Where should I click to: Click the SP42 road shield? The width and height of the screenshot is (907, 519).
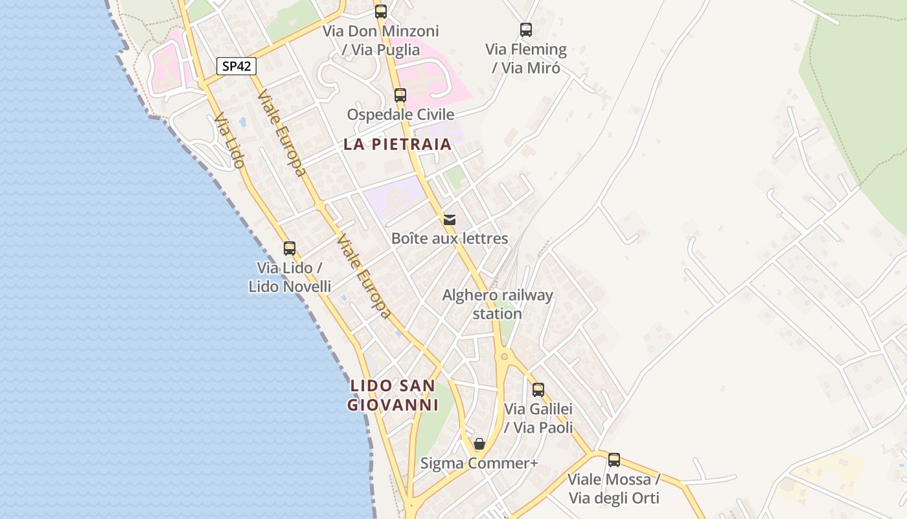pyautogui.click(x=236, y=66)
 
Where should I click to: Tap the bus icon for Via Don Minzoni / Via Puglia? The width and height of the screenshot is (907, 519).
pyautogui.click(x=381, y=12)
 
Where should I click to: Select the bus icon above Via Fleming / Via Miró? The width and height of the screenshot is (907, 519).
pyautogui.click(x=526, y=30)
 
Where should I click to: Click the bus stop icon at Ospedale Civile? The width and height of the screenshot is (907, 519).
pyautogui.click(x=400, y=95)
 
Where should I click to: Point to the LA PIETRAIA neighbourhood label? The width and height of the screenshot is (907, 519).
pyautogui.click(x=397, y=144)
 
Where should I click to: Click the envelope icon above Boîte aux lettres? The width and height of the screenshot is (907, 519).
pyautogui.click(x=450, y=219)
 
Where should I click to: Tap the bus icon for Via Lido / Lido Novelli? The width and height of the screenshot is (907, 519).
pyautogui.click(x=290, y=248)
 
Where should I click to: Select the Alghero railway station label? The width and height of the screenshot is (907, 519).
pyautogui.click(x=498, y=304)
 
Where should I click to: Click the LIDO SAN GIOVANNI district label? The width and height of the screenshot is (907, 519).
pyautogui.click(x=393, y=395)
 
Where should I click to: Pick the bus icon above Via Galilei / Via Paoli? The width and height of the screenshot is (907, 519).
pyautogui.click(x=538, y=390)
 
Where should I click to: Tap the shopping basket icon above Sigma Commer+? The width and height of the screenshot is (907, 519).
pyautogui.click(x=479, y=444)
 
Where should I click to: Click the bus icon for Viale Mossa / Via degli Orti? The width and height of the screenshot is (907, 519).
pyautogui.click(x=614, y=460)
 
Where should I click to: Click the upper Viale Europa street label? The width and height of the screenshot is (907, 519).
pyautogui.click(x=281, y=133)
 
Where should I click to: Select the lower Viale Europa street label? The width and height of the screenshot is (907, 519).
pyautogui.click(x=364, y=276)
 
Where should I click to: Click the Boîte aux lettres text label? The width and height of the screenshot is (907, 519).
pyautogui.click(x=450, y=239)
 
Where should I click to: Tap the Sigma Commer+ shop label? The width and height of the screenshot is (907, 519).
pyautogui.click(x=479, y=463)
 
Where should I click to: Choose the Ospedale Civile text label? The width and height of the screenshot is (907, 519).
pyautogui.click(x=400, y=115)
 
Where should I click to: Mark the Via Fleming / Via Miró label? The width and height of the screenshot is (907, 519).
pyautogui.click(x=526, y=58)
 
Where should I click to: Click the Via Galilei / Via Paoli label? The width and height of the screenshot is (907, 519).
pyautogui.click(x=538, y=418)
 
